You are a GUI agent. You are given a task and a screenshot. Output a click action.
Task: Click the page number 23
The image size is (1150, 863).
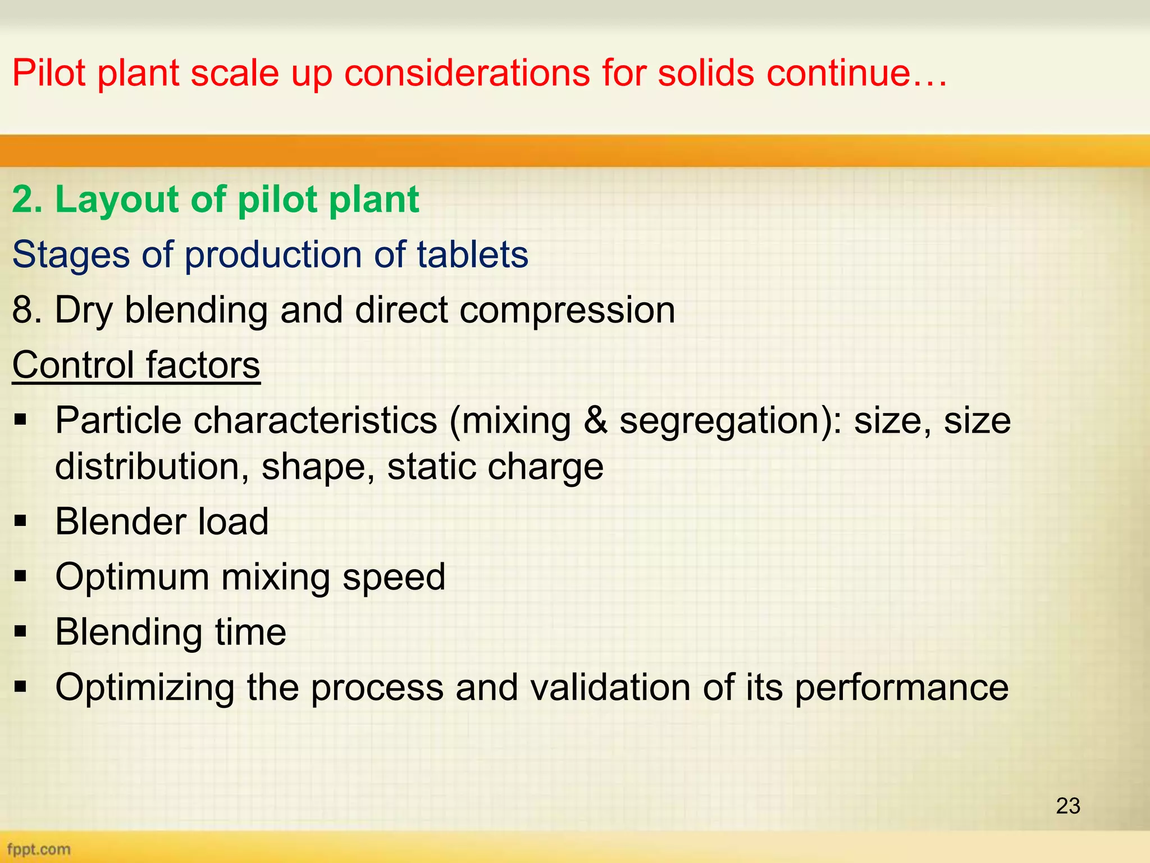tap(1067, 806)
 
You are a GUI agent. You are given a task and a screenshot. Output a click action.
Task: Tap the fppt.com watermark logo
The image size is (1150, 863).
tap(39, 849)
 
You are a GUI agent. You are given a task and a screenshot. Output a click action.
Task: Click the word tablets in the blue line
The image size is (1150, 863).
tap(472, 255)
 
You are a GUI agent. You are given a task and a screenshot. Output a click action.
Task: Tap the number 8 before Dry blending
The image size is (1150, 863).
tap(22, 310)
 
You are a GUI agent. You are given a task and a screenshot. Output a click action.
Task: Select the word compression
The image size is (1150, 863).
tap(567, 311)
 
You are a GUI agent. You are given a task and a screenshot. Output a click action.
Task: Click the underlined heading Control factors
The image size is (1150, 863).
tap(136, 365)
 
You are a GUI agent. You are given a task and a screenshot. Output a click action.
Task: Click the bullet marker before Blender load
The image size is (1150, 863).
tap(21, 521)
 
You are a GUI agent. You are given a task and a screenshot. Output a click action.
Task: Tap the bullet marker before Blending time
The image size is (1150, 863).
tap(21, 632)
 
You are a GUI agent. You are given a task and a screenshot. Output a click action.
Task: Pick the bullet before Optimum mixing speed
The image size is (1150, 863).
tap(21, 576)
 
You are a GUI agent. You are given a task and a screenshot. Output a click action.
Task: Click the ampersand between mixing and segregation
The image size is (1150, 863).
tap(595, 420)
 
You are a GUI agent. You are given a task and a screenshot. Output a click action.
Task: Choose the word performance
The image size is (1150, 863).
tap(901, 688)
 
